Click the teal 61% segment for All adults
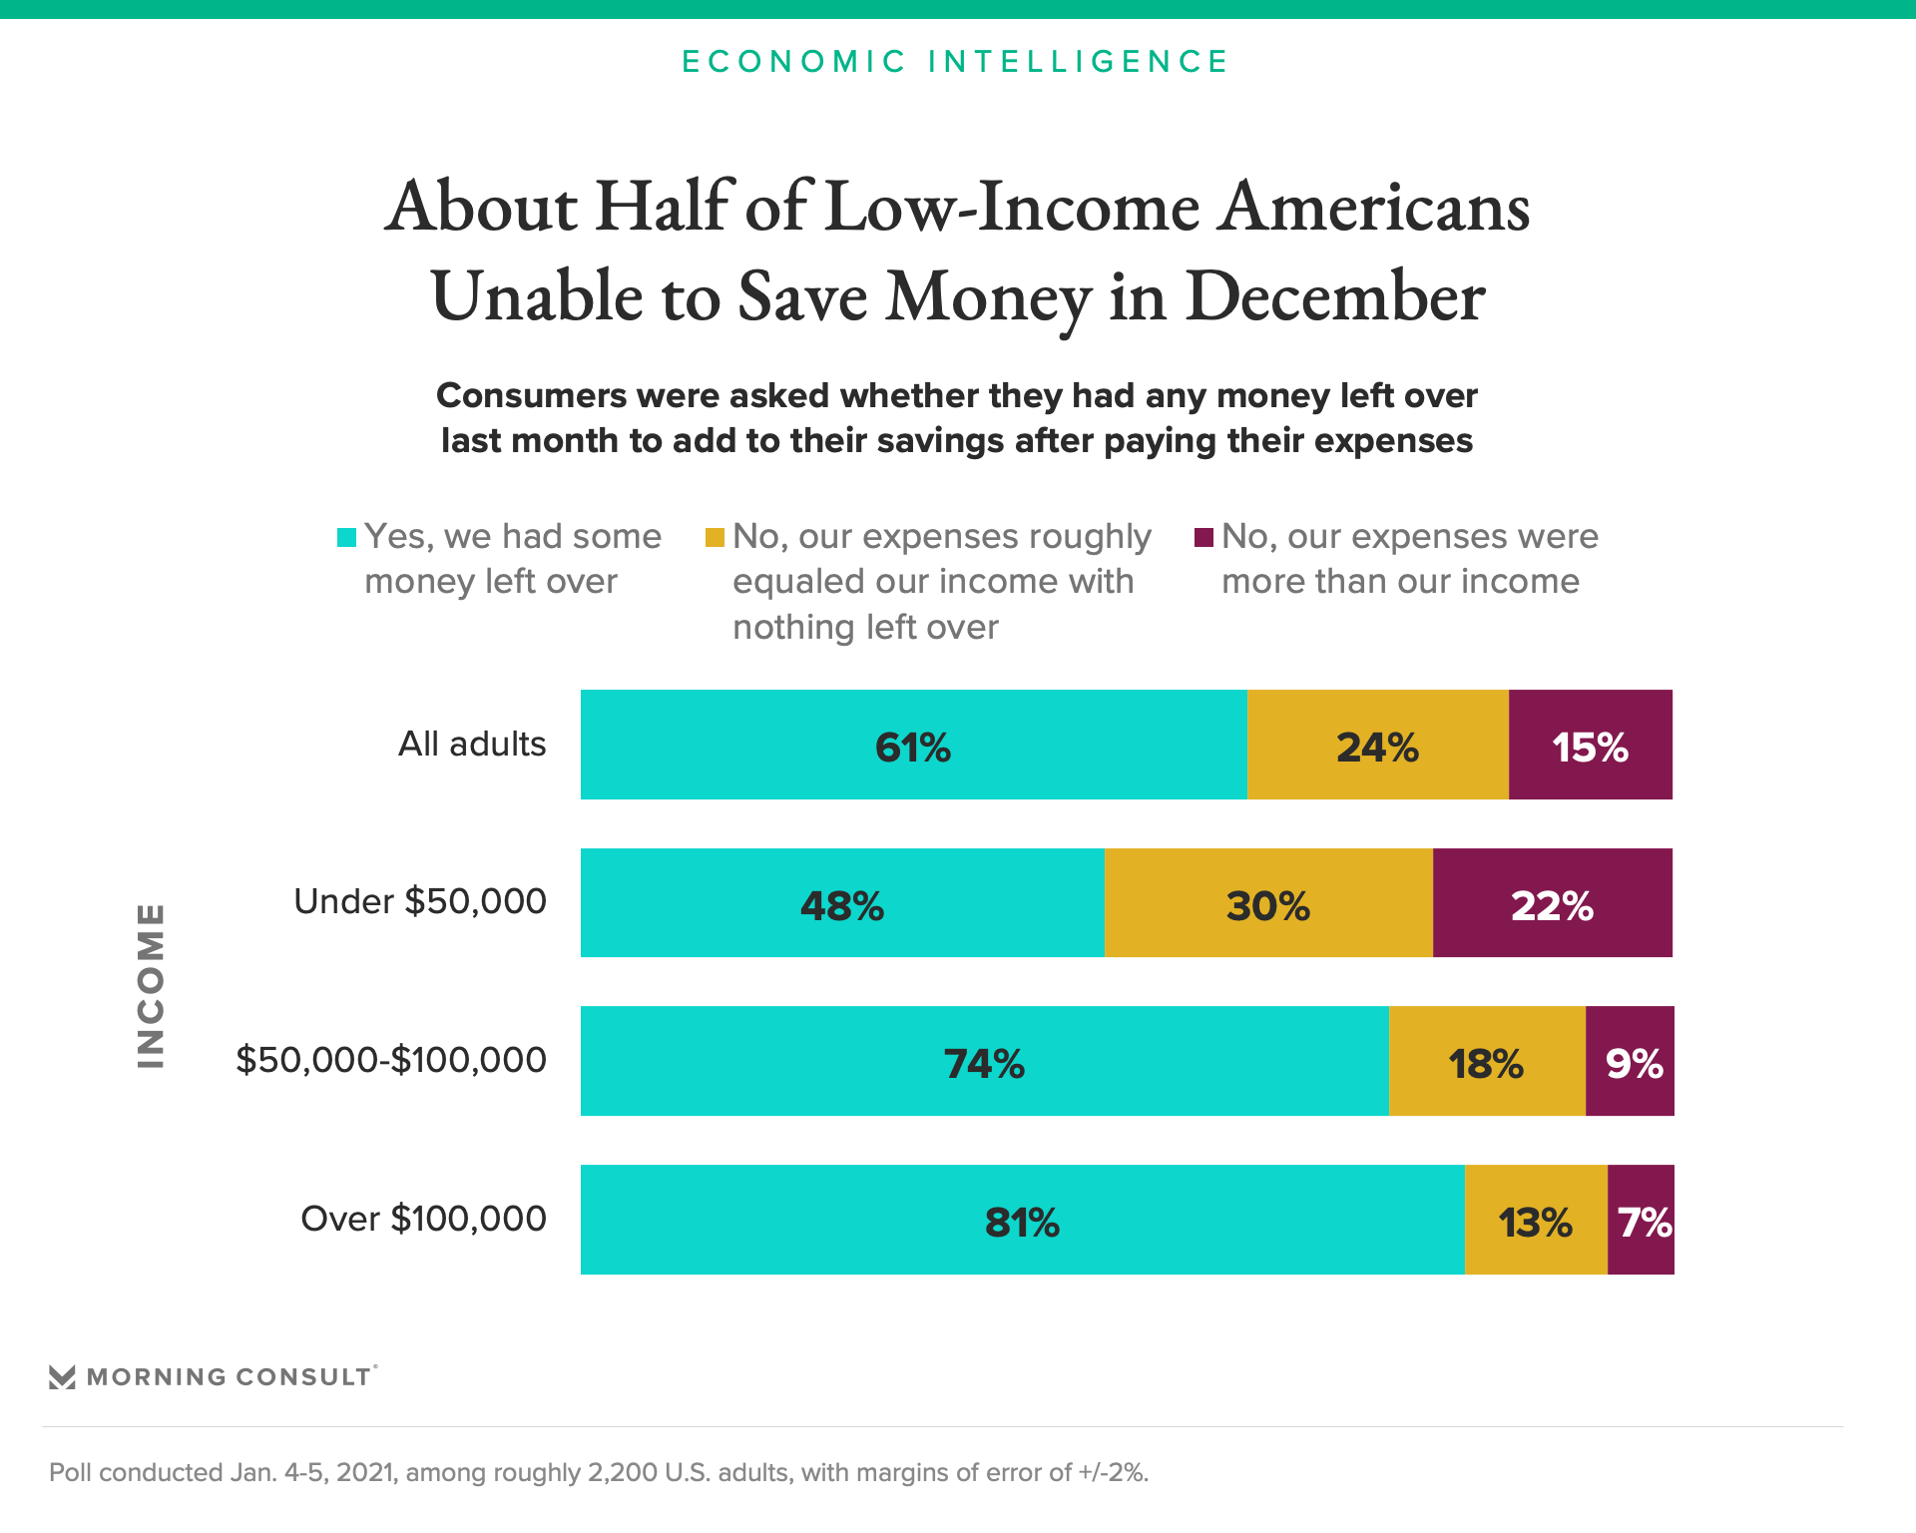(913, 745)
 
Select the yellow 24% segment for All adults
(1377, 745)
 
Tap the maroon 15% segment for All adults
(1590, 745)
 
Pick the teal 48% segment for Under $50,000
(842, 903)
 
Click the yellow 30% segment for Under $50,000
(1267, 903)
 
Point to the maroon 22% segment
(1552, 903)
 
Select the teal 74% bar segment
(984, 1061)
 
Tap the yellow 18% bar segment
(1486, 1061)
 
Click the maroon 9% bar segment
(1630, 1061)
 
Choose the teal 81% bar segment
(1022, 1220)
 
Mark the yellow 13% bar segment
(1535, 1220)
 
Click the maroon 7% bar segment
(1641, 1220)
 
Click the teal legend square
(346, 538)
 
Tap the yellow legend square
(715, 538)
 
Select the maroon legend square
(1203, 538)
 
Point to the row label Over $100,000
(423, 1219)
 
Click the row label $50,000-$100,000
(391, 1060)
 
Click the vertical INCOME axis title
(151, 985)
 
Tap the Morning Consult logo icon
(62, 1377)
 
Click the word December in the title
(1335, 297)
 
